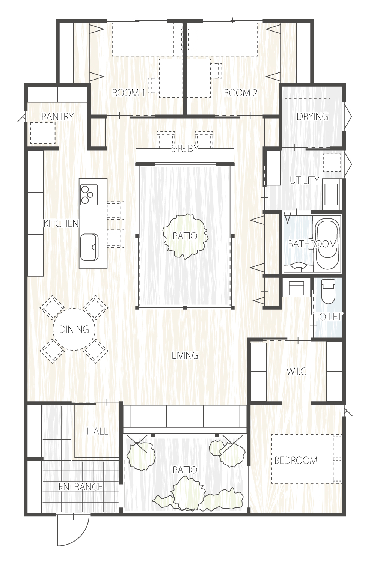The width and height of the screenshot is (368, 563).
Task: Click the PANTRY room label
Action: tap(57, 116)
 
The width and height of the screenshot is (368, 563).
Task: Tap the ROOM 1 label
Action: tap(128, 93)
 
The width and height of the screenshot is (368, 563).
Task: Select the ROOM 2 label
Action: tap(240, 93)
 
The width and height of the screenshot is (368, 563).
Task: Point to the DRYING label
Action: tap(312, 116)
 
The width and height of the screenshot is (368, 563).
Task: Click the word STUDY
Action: tap(185, 149)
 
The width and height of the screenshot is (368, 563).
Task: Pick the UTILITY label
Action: tap(305, 180)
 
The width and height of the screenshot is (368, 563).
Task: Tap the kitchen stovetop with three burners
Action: tap(89, 194)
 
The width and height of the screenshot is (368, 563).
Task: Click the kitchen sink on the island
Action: tap(89, 247)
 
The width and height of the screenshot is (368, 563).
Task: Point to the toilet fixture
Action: tap(329, 292)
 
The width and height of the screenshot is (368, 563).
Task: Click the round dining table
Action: tap(74, 329)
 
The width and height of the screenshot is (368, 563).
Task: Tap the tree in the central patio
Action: tap(185, 236)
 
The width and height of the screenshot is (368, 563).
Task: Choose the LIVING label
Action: tap(185, 355)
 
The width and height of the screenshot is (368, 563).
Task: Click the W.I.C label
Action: tap(296, 371)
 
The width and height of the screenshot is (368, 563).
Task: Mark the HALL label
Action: tap(98, 431)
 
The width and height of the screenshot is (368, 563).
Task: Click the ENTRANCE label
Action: tap(80, 487)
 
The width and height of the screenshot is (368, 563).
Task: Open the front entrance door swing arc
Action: tap(81, 534)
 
